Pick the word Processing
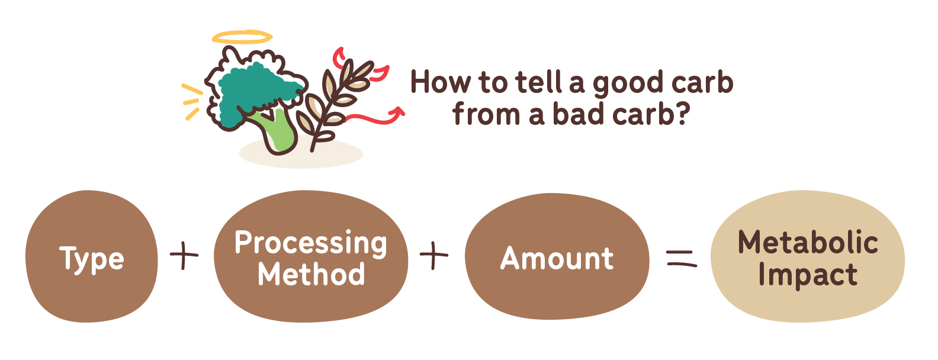(x=311, y=243)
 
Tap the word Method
(x=311, y=275)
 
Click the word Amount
(x=557, y=258)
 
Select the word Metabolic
(x=808, y=242)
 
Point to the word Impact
(x=808, y=275)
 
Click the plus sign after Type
(x=184, y=255)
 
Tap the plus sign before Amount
(x=434, y=255)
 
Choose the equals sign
(x=682, y=258)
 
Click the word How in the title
(x=440, y=82)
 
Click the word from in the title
(x=486, y=113)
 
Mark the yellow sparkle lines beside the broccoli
(x=192, y=102)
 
